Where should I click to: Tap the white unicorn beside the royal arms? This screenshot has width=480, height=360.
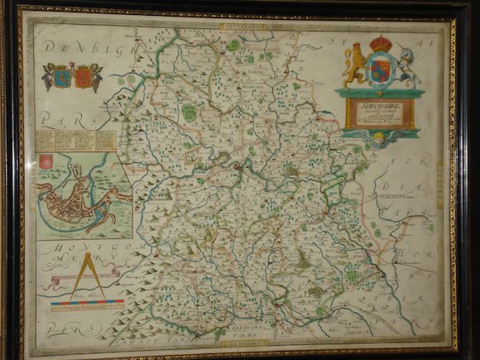[x=407, y=67]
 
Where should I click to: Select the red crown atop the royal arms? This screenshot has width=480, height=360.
[x=381, y=42]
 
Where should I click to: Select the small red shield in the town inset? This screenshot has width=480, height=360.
[x=46, y=161]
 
